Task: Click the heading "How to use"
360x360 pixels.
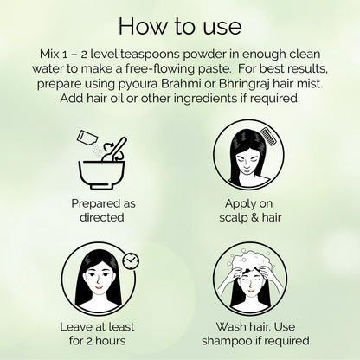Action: click(x=180, y=26)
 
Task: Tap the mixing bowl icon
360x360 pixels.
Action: click(x=102, y=175)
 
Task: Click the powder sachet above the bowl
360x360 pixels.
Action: click(x=87, y=138)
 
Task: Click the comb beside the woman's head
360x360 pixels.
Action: click(x=269, y=135)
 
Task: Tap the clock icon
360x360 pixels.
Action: click(x=131, y=260)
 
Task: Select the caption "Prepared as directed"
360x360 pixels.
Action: click(x=103, y=210)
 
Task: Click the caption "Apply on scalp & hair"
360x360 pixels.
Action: click(x=250, y=210)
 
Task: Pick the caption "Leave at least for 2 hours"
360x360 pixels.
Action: click(x=97, y=334)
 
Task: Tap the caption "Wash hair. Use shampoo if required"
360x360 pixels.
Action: click(x=255, y=334)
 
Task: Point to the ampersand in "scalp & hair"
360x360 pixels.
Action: click(x=254, y=217)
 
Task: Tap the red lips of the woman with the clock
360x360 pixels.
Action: click(x=99, y=287)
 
